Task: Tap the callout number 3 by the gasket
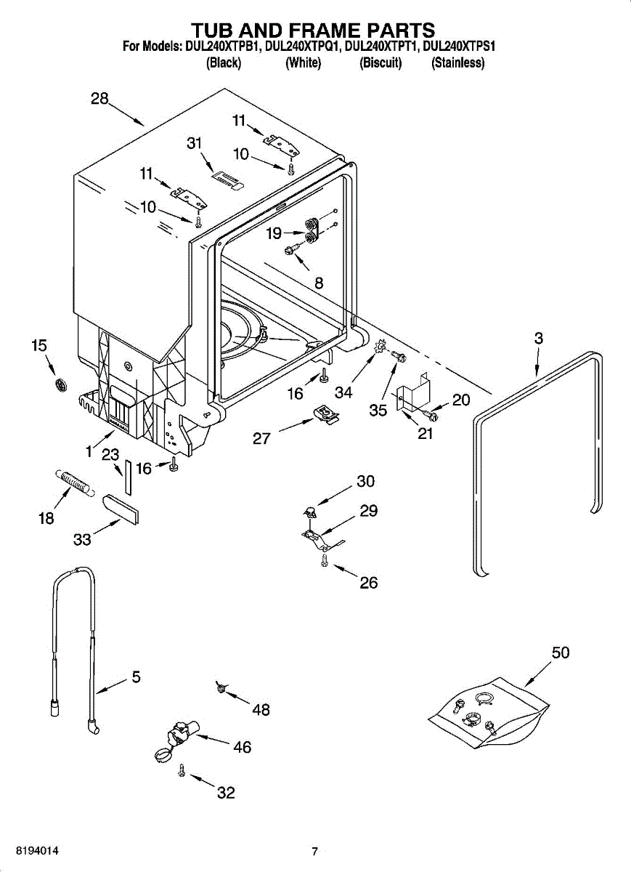tap(538, 338)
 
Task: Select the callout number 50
tap(560, 653)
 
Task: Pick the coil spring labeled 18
tap(73, 482)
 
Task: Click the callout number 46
tap(242, 747)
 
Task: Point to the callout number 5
tap(136, 677)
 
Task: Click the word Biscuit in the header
tap(380, 63)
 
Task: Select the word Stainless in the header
tap(457, 63)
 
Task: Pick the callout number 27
tap(262, 438)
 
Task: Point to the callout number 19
tap(274, 233)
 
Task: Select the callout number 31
tap(194, 143)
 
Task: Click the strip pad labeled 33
tap(122, 508)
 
